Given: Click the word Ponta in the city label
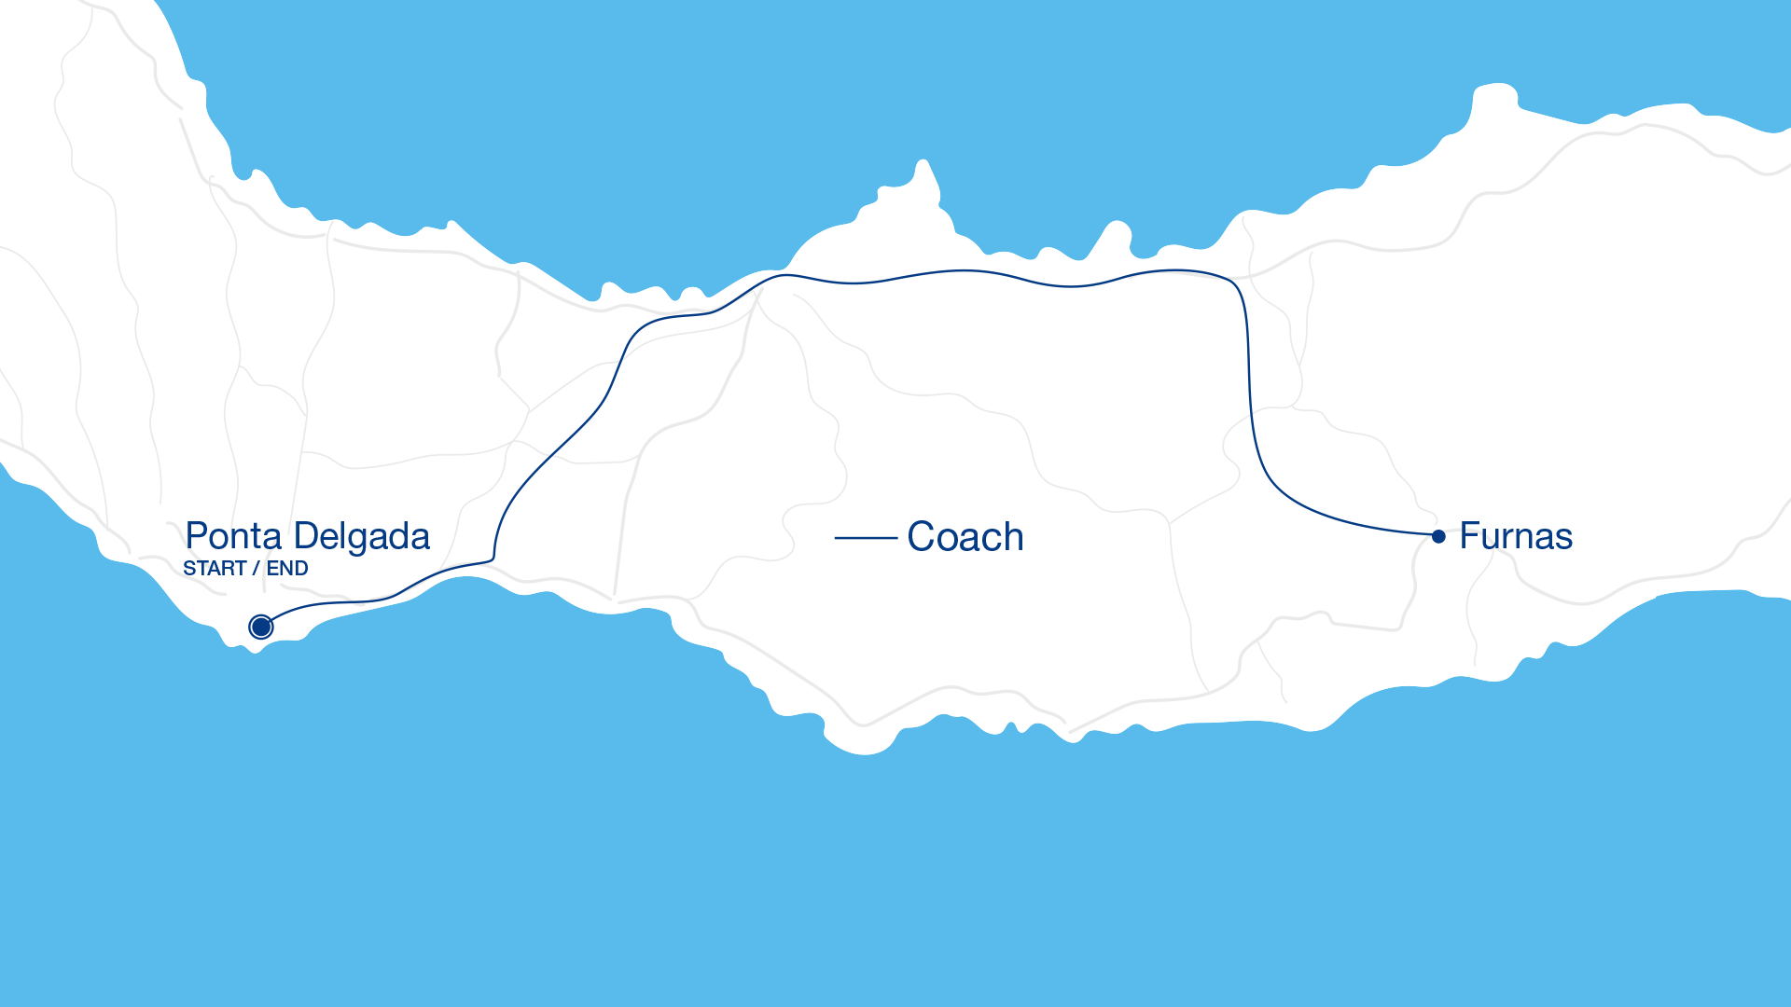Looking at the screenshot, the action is [x=233, y=537].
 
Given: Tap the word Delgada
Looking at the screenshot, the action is [x=361, y=537].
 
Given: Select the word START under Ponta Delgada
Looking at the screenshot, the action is [x=215, y=569].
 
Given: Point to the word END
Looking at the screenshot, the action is [x=287, y=569].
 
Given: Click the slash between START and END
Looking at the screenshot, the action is [x=256, y=569].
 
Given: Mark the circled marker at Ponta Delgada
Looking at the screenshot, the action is [x=261, y=627].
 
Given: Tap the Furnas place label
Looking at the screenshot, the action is [x=1516, y=536].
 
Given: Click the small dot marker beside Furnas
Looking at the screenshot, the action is [x=1438, y=536].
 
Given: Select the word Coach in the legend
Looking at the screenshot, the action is [x=965, y=538].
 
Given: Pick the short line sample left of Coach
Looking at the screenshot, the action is [x=865, y=538].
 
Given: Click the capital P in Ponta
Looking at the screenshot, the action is [x=196, y=537].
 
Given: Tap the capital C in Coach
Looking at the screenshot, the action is [x=921, y=538].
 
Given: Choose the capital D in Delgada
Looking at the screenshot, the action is [x=305, y=537].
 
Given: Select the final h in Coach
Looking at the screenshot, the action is [x=1014, y=538].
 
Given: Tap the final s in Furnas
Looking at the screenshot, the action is [x=1564, y=539].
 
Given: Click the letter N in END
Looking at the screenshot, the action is [x=287, y=569].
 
